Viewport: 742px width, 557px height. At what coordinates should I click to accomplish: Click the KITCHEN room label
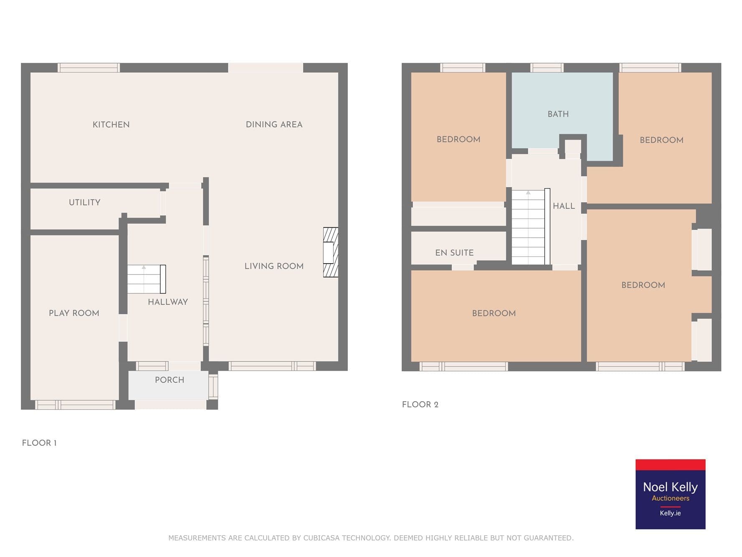(x=111, y=125)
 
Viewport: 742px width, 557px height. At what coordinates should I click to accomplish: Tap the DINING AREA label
(x=274, y=125)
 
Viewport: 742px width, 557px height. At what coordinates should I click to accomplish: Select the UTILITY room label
(x=84, y=202)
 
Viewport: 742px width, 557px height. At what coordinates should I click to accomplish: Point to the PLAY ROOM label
(x=74, y=313)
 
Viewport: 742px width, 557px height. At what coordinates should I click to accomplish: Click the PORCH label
(x=170, y=380)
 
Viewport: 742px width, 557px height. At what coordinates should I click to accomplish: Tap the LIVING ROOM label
(x=274, y=266)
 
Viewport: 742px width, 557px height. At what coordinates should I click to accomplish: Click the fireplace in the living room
(x=330, y=252)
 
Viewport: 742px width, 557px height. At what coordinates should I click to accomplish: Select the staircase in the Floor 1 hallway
(x=147, y=279)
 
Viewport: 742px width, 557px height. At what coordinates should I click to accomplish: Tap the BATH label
(x=558, y=114)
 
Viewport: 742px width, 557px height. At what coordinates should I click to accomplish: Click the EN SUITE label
(x=454, y=253)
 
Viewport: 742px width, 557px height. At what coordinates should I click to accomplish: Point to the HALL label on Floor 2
(x=564, y=206)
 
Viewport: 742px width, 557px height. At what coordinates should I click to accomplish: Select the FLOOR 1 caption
(x=39, y=443)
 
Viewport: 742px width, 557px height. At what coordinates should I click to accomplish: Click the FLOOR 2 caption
(x=420, y=404)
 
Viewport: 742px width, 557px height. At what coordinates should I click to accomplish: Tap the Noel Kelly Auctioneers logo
(x=670, y=494)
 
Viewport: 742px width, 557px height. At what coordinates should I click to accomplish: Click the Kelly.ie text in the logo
(x=670, y=513)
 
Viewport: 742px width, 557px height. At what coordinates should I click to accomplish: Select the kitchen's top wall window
(x=89, y=68)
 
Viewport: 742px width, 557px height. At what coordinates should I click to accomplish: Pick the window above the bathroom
(x=547, y=68)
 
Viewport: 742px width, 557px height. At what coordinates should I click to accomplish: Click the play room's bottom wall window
(x=75, y=404)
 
